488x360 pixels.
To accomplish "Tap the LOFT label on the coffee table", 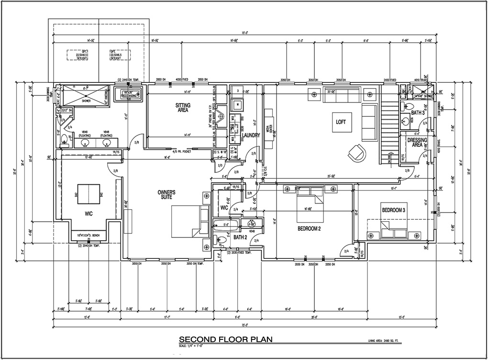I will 341,122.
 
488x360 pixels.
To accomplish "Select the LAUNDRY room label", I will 251,135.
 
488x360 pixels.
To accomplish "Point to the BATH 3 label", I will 418,113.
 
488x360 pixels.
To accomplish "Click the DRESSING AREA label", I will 417,142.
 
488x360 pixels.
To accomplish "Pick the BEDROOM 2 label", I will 309,229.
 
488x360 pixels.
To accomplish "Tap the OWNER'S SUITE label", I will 167,194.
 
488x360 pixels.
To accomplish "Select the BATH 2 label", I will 241,237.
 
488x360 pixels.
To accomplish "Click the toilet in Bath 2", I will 222,240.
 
